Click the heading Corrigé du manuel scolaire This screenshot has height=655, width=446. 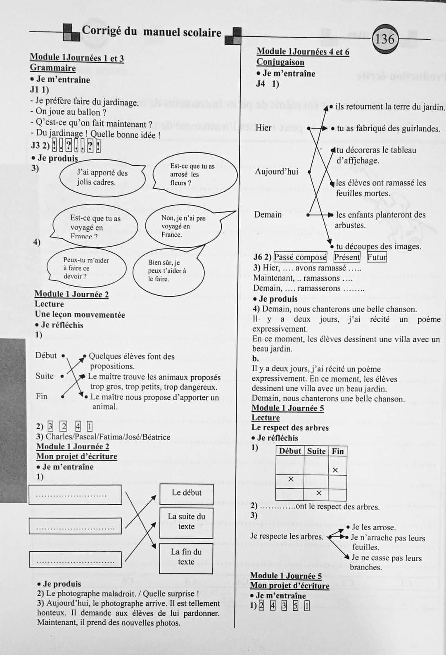[152, 32]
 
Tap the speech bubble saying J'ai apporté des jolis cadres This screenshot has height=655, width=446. [102, 178]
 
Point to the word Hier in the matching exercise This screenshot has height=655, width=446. [263, 128]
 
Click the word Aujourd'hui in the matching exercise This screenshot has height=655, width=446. [276, 171]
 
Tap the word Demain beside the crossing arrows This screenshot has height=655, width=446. [268, 215]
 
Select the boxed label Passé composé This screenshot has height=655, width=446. [300, 257]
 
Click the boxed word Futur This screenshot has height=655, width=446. [377, 257]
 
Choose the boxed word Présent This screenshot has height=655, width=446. [347, 257]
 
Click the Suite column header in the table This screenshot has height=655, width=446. [316, 451]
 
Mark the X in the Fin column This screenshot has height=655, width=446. [335, 470]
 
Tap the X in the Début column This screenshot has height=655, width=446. [291, 479]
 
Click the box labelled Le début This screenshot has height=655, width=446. [186, 493]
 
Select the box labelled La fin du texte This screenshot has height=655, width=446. [186, 557]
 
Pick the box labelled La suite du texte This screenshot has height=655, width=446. [186, 522]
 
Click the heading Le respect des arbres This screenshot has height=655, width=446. [290, 428]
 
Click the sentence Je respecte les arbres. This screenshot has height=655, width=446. [287, 536]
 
